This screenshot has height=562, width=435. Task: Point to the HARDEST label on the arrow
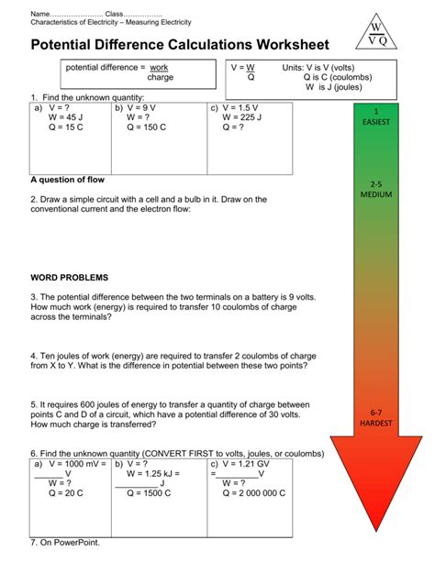point(376,423)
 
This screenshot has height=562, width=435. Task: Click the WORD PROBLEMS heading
point(69,276)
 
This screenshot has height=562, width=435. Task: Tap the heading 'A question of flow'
point(73,180)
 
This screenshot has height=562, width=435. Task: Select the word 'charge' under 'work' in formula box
point(160,78)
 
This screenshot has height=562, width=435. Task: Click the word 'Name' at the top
point(41,14)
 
